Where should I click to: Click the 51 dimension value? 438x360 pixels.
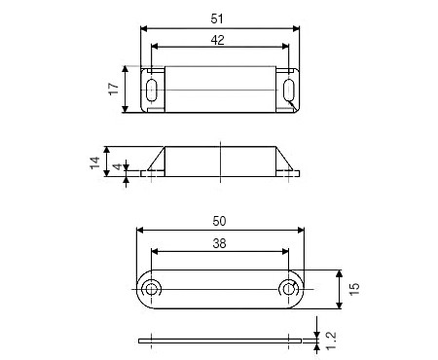[x=217, y=18]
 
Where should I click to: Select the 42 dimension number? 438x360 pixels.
[x=217, y=40]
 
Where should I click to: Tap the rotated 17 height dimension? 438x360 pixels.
[x=114, y=89]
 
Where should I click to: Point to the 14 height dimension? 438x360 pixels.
[x=95, y=162]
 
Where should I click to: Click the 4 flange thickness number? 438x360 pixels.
[x=118, y=166]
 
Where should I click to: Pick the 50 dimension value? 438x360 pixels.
[x=219, y=221]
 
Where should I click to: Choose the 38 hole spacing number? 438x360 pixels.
[x=219, y=243]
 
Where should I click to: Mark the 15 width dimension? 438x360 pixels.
[x=354, y=289]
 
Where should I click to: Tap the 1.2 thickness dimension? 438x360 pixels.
[x=331, y=341]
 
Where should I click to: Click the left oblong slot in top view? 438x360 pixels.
[x=152, y=90]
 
